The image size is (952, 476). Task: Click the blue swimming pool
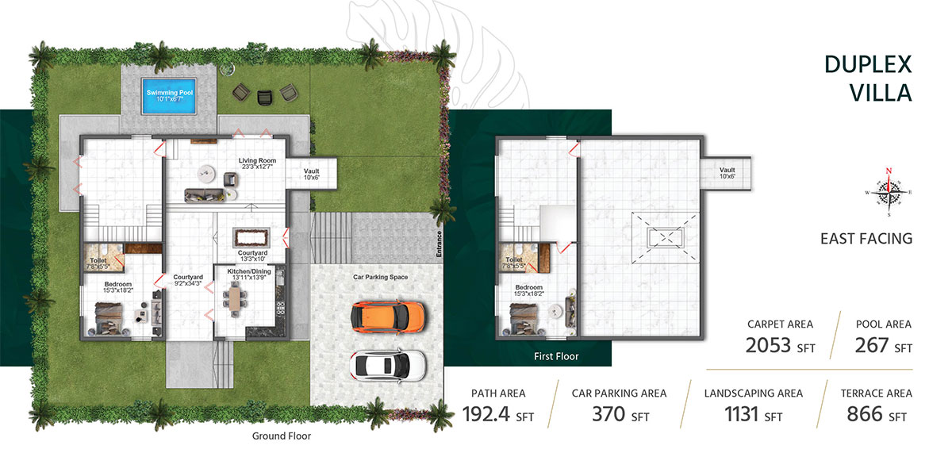(170, 98)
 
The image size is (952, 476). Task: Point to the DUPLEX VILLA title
(868, 78)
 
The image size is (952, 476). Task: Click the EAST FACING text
(866, 238)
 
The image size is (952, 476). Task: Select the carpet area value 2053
(769, 344)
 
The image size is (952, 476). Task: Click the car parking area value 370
(609, 413)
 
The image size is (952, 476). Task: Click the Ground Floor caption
(281, 436)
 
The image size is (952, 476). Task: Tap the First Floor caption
(556, 357)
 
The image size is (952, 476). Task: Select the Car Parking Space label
(380, 278)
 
